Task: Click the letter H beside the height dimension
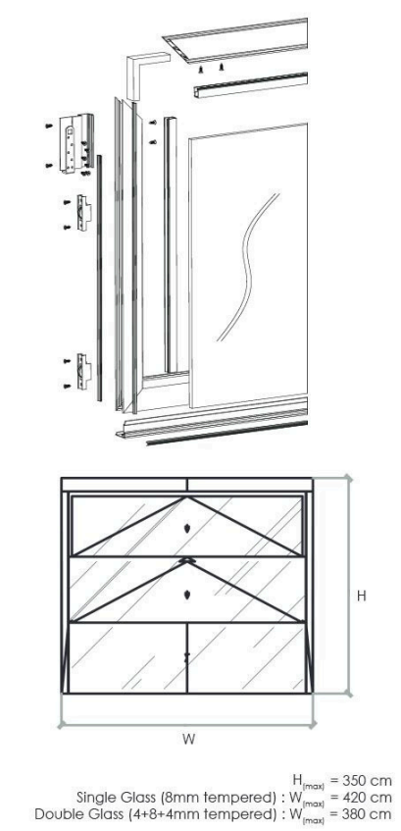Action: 361,596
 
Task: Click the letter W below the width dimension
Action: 188,739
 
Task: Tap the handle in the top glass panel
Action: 186,528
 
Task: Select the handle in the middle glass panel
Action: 186,595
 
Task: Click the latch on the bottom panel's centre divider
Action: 186,657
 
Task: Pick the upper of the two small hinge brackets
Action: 83,213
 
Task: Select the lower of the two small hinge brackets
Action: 83,371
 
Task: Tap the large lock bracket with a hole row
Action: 76,143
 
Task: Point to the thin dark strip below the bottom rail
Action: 226,433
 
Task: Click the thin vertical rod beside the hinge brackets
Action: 99,278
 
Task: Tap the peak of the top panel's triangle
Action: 186,497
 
